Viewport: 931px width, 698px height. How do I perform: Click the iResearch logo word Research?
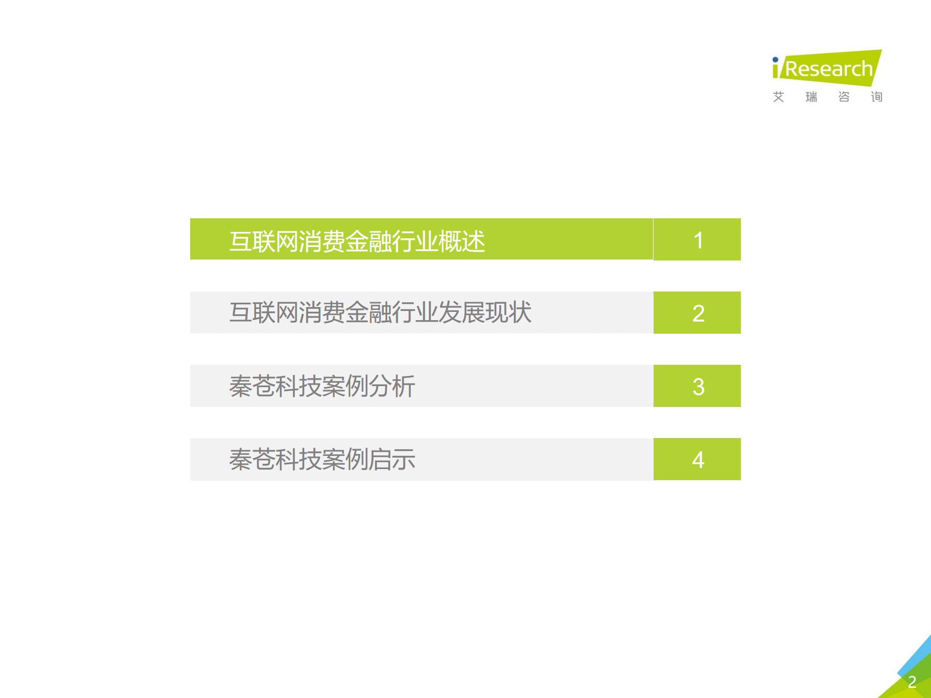[x=829, y=69]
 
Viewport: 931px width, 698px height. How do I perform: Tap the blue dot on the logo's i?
[x=775, y=60]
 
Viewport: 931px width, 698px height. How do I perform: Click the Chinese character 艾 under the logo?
[x=778, y=97]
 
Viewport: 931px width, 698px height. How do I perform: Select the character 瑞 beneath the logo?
[x=811, y=97]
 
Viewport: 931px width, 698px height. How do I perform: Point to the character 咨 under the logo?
[x=844, y=97]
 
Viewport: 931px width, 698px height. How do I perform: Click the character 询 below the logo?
[x=877, y=97]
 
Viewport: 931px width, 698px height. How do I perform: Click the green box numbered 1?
[x=697, y=240]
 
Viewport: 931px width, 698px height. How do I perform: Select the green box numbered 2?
[x=697, y=313]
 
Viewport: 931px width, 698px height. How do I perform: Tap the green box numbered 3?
[x=697, y=386]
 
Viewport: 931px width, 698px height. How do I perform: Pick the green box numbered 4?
[x=697, y=459]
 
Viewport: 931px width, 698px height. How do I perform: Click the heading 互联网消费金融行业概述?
[x=357, y=241]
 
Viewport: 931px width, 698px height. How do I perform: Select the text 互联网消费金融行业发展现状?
[x=380, y=312]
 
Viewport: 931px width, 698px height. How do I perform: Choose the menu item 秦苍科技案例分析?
[x=322, y=386]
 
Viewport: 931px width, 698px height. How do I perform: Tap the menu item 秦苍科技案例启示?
[x=322, y=459]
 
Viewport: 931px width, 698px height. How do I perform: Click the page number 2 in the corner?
[x=912, y=682]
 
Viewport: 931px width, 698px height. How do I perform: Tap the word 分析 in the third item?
[x=392, y=386]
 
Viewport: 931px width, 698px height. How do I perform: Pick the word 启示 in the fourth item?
[x=392, y=459]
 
